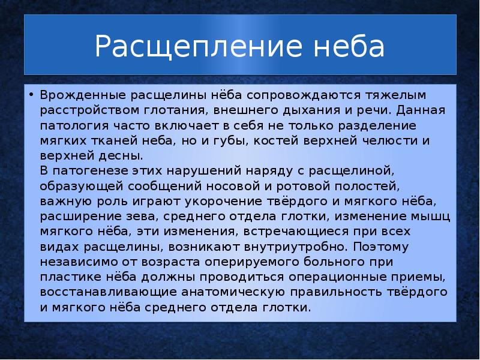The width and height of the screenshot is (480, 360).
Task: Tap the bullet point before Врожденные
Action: [30, 95]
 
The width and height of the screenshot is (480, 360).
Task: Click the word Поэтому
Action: [397, 246]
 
